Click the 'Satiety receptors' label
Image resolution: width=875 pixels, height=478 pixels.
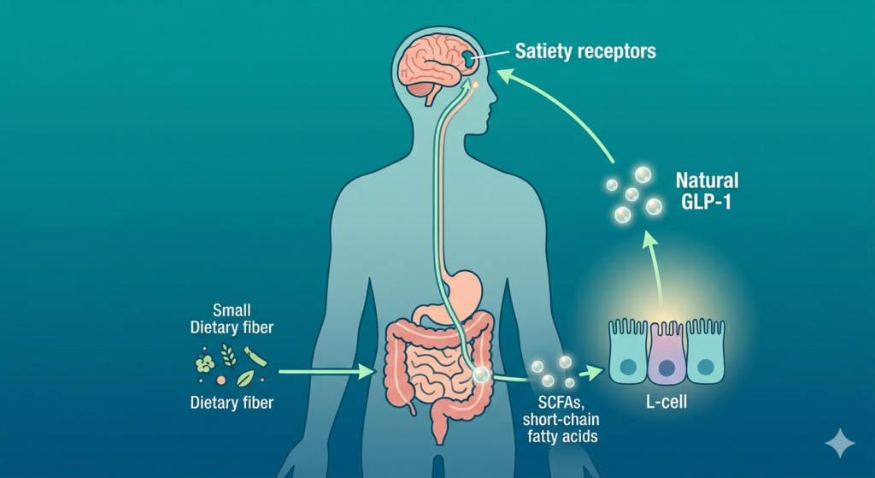point(585,51)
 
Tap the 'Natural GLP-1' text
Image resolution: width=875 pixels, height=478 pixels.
point(707,191)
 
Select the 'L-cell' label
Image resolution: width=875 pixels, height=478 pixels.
point(667,402)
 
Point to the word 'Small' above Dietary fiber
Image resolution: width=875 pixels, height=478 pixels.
point(232,310)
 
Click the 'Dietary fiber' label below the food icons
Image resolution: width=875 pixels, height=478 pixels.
point(232,403)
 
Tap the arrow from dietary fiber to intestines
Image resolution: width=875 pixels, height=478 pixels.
point(326,371)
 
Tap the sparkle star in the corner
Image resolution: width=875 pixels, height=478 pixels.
point(840,444)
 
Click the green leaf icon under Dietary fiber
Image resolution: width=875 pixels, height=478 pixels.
point(245,379)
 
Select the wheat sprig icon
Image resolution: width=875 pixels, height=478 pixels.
point(227,355)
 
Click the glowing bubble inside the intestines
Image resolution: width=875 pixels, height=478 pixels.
point(480,375)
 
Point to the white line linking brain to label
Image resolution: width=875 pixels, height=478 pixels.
point(490,55)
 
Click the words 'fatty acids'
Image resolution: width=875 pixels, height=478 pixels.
point(562,436)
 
